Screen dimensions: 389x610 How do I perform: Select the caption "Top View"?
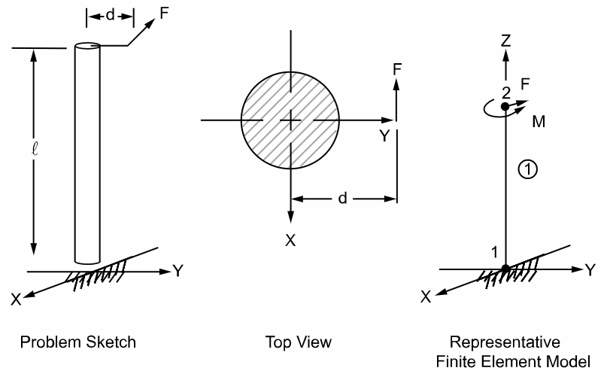coord(299,342)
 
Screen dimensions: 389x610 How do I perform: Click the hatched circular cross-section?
coord(290,120)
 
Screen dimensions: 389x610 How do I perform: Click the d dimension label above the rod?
coord(110,15)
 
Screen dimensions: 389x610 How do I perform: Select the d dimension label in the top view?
coord(342,199)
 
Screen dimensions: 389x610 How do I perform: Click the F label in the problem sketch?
coord(165,13)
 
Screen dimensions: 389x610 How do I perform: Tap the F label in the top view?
coord(396,68)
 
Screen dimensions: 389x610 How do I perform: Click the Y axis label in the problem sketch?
coord(178,271)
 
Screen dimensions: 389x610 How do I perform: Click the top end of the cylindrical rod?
coord(88,47)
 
